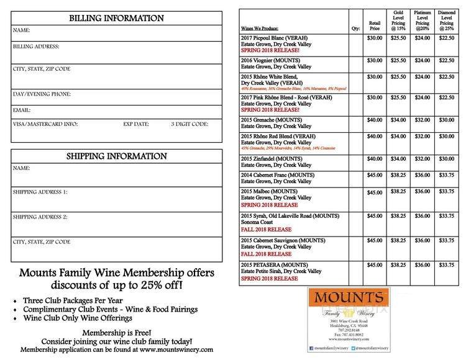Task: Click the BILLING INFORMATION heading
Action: tap(116, 18)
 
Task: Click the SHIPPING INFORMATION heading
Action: tap(116, 156)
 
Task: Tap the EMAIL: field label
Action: tap(22, 110)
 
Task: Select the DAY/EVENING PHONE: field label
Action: tap(42, 94)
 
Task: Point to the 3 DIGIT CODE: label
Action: tap(189, 124)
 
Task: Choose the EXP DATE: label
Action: tap(136, 124)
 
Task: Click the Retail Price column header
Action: tap(374, 25)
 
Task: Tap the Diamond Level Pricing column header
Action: tap(446, 21)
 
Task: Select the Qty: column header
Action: tap(355, 29)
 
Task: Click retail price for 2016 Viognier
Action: tap(375, 60)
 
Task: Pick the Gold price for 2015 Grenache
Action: tap(398, 120)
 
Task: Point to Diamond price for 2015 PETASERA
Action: tap(446, 265)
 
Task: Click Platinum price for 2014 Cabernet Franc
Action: tap(423, 175)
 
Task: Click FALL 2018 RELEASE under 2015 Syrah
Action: tap(265, 229)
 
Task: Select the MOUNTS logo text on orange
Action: tap(348, 297)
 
